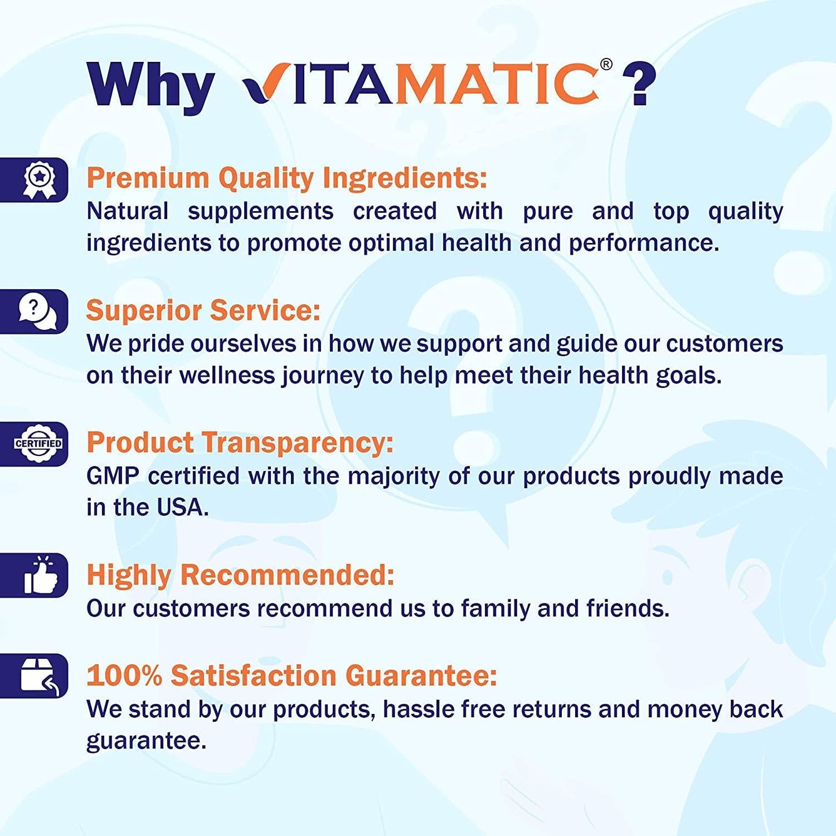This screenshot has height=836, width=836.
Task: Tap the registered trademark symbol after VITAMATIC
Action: [606, 64]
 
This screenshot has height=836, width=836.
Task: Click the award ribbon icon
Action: [39, 180]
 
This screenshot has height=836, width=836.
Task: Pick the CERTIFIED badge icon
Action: [38, 444]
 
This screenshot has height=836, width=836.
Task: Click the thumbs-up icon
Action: [40, 576]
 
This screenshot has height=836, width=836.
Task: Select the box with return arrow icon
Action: [39, 676]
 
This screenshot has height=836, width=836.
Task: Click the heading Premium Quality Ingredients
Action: [286, 178]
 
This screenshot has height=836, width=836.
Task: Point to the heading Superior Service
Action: [202, 310]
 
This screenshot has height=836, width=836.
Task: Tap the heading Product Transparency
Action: [240, 443]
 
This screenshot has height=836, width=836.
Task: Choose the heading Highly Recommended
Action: [240, 575]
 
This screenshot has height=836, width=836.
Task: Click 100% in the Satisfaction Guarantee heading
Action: [124, 675]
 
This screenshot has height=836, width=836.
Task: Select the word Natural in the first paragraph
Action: [127, 211]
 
